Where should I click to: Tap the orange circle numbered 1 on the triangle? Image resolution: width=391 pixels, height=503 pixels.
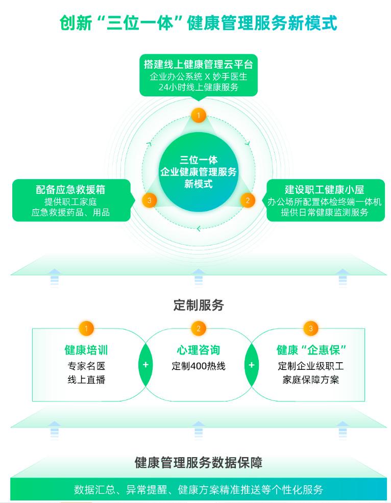coord(198,115)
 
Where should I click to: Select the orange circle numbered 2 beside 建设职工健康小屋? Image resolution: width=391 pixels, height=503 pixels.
coord(248,200)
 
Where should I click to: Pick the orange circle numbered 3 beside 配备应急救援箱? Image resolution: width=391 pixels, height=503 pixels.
coord(149,200)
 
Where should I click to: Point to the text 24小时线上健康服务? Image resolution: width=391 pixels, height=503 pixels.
coord(198,87)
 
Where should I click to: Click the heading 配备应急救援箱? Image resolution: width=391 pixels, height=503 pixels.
coord(70,189)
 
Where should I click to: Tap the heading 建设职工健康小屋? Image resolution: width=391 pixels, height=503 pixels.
coord(324,189)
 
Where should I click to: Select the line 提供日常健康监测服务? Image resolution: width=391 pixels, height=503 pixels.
coord(324,212)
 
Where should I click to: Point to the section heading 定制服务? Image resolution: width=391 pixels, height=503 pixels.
coord(198,306)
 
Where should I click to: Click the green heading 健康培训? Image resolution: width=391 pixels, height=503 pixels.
coord(86,350)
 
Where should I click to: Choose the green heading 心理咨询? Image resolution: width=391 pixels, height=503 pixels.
coord(198,350)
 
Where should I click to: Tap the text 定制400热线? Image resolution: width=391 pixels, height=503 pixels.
coord(198,366)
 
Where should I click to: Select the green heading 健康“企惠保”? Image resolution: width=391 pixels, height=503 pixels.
coord(311,350)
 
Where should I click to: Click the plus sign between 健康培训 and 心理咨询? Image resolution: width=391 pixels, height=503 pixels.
coord(145,365)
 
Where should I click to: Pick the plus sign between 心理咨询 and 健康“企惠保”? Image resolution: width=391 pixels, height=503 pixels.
coord(251,365)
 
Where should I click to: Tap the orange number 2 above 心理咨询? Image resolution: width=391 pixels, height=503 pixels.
coord(198,328)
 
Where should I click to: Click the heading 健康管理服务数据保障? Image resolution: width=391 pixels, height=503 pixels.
coord(198,463)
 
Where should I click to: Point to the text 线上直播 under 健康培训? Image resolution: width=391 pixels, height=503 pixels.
coord(86,380)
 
